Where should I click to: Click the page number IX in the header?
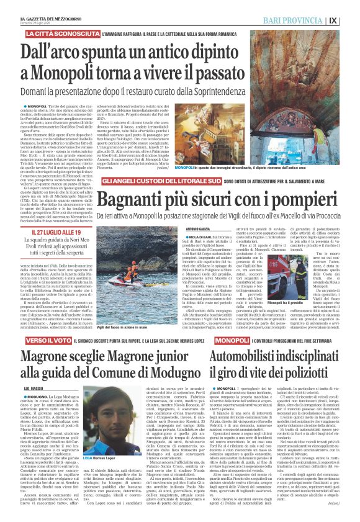click(350, 20)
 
